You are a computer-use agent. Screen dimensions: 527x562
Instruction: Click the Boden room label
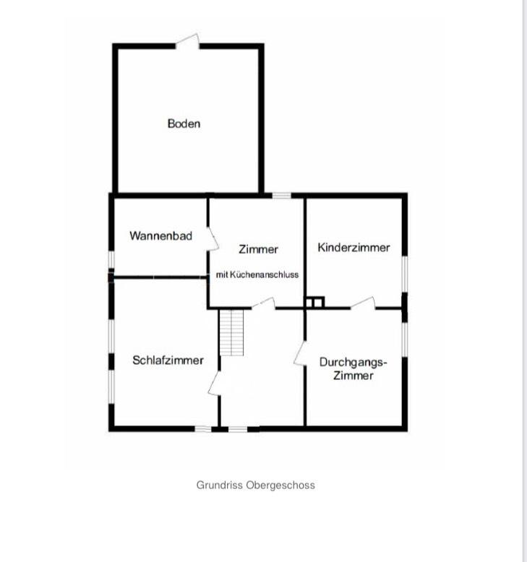tap(184, 124)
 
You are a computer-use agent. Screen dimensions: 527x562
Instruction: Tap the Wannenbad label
tap(160, 235)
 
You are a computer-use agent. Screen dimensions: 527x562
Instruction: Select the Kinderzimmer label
tap(354, 247)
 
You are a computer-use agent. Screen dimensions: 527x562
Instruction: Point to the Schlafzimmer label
tap(168, 360)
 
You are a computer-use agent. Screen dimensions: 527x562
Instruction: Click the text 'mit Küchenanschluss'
tap(257, 274)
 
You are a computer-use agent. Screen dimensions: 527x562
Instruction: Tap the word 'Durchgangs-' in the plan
tap(354, 362)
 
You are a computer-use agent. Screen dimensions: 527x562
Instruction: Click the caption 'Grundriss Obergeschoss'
tap(255, 485)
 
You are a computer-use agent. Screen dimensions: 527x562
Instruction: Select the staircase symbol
tap(231, 332)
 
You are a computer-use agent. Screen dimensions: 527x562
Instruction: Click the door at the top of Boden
tap(188, 41)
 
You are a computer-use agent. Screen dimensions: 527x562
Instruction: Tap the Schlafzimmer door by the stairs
tap(215, 384)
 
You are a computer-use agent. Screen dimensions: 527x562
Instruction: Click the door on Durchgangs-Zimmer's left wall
tap(299, 353)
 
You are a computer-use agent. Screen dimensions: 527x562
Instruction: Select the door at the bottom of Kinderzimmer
tap(364, 304)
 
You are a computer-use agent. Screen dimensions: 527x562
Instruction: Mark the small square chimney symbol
tap(314, 302)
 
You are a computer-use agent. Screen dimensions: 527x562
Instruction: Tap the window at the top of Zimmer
tap(281, 194)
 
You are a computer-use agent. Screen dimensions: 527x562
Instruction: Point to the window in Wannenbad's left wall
tap(111, 259)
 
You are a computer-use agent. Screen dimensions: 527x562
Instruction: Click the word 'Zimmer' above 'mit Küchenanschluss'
tap(258, 249)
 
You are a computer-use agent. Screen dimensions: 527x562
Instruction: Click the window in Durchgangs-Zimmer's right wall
tap(404, 339)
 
